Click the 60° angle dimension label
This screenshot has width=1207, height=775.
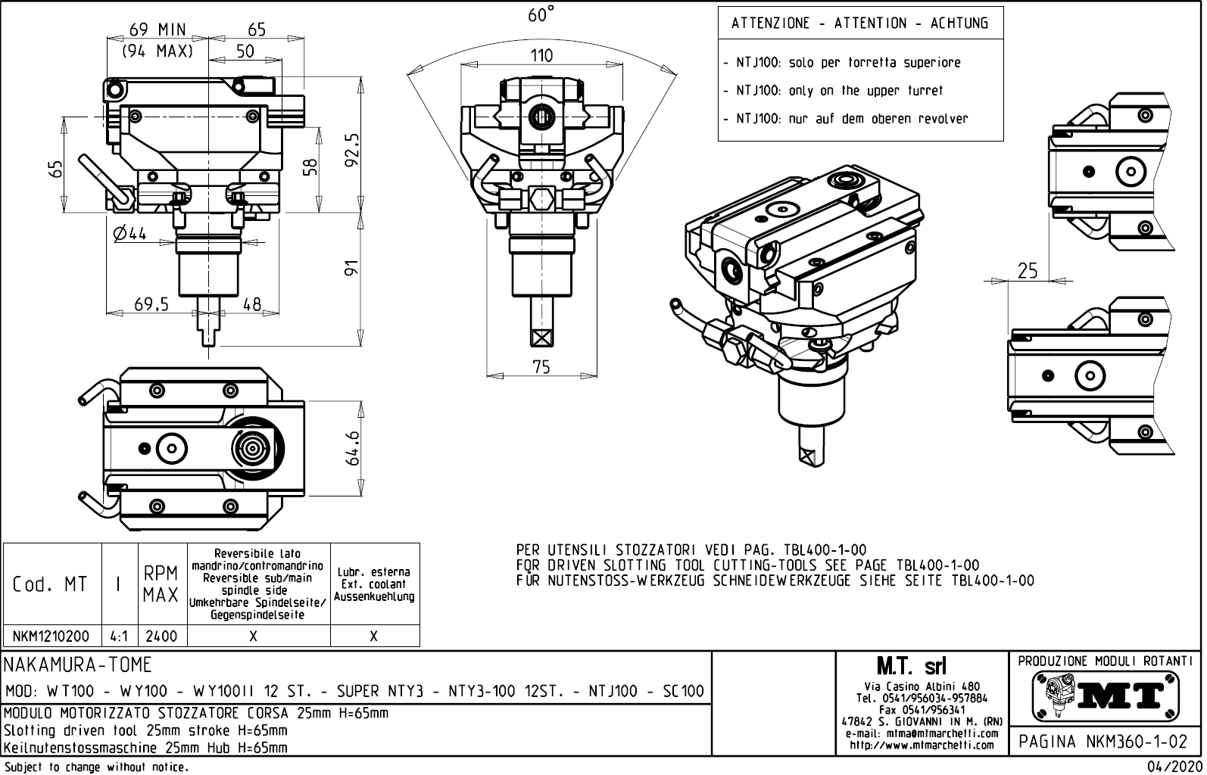click(x=541, y=15)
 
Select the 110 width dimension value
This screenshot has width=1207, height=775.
click(x=541, y=55)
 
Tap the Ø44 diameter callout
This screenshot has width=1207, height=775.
click(x=129, y=234)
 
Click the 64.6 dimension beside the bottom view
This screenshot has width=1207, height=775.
click(x=352, y=450)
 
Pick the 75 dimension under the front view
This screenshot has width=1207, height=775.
click(x=541, y=367)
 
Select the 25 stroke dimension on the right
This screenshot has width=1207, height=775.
click(x=1028, y=271)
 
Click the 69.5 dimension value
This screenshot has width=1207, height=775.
click(x=151, y=304)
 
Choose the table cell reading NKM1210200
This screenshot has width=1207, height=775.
click(x=51, y=636)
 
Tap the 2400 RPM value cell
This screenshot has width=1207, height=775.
click(x=161, y=636)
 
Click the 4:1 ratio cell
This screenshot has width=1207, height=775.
click(x=118, y=636)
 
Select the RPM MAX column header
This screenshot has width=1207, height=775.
click(x=161, y=584)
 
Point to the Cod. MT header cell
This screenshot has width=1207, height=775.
click(x=50, y=584)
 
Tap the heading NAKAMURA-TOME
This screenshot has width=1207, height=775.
click(x=79, y=665)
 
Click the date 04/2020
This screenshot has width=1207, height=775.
click(x=1174, y=767)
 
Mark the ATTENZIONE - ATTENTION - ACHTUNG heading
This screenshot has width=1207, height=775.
click(x=859, y=23)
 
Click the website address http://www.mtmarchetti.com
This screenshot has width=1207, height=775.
click(x=922, y=745)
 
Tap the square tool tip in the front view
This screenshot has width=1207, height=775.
click(x=541, y=336)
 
